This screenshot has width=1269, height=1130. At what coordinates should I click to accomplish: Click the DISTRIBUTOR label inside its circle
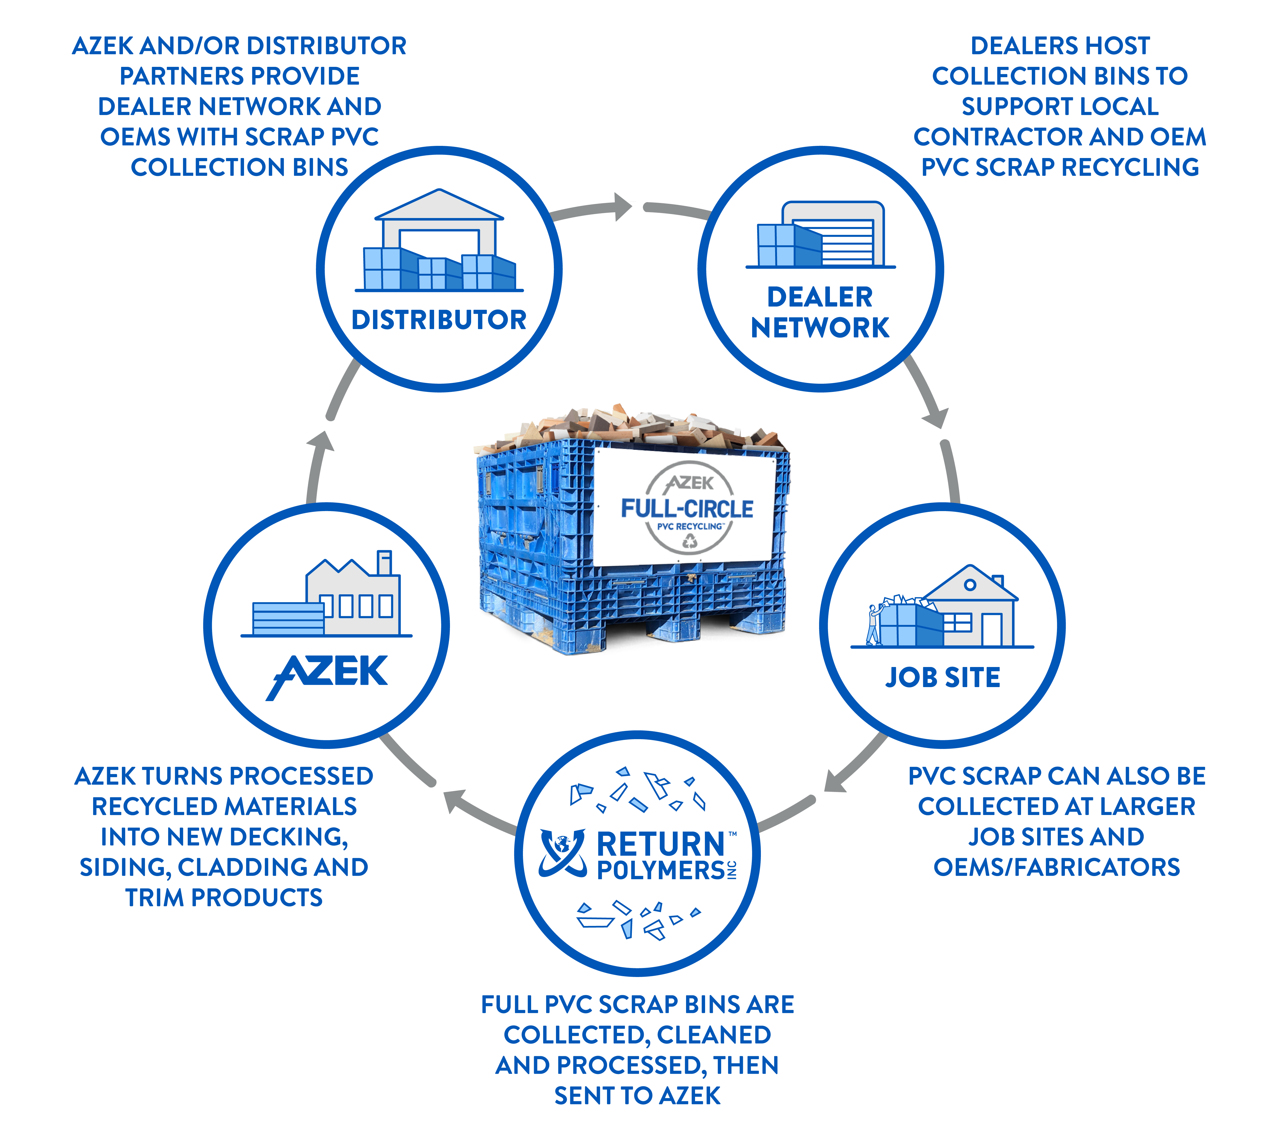439,320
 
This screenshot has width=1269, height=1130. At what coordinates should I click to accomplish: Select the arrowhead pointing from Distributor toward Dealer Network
622,207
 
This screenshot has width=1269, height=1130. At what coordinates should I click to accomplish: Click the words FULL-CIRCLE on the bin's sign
687,509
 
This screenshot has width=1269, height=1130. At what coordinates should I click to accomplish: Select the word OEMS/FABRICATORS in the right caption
1056,867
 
